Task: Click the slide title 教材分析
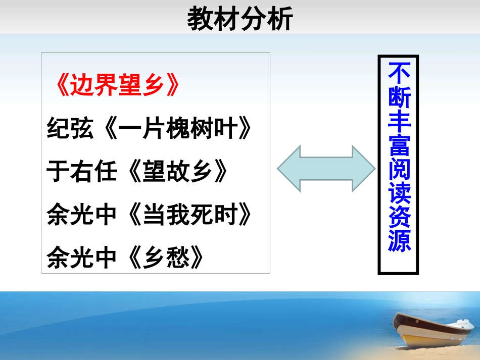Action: pos(240,20)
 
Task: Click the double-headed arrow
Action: pos(326,168)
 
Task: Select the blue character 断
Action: pos(399,95)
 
